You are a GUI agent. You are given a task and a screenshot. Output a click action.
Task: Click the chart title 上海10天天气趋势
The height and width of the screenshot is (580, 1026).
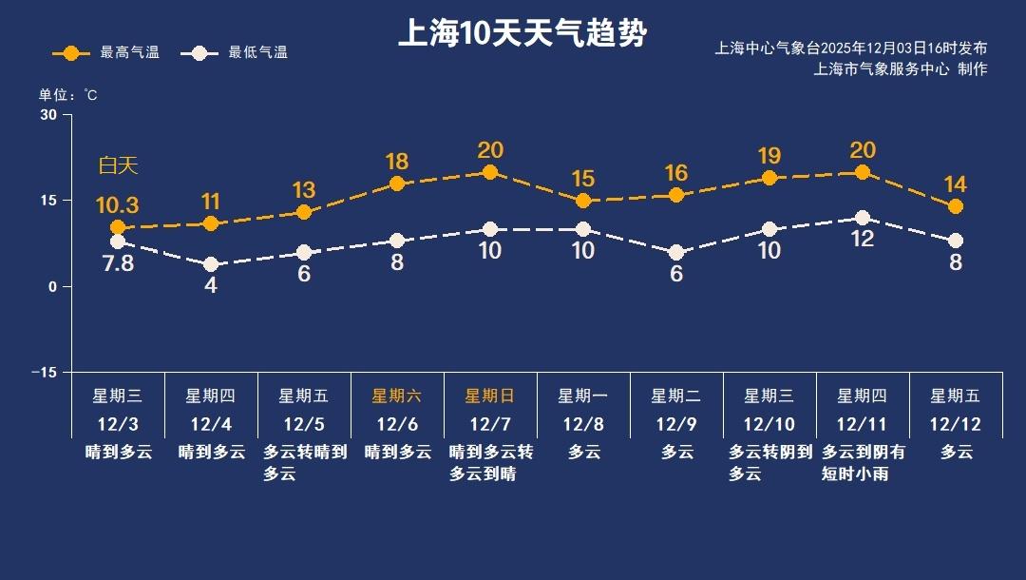[x=522, y=34]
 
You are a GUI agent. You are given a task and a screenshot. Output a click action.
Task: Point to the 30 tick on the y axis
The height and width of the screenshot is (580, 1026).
[x=48, y=115]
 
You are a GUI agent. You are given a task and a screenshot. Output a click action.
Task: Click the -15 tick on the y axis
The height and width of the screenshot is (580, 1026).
[x=44, y=372]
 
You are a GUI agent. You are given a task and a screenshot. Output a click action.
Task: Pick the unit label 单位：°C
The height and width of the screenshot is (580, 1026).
[x=67, y=95]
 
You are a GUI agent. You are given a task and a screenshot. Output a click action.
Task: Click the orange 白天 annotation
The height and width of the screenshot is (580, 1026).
[x=119, y=165]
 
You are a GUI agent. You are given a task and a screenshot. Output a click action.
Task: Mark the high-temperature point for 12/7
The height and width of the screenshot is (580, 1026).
[x=490, y=172]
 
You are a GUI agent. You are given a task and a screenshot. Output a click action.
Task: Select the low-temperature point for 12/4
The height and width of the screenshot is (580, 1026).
[x=211, y=264]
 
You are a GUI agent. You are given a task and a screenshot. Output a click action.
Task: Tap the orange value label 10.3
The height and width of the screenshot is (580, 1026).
[x=118, y=204]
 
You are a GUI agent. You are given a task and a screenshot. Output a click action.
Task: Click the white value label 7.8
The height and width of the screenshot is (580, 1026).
[x=119, y=263]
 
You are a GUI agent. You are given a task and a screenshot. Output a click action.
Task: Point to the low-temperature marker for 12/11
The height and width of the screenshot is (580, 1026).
[x=863, y=218]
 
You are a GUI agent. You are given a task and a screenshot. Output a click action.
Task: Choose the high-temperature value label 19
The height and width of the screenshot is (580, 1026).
[x=769, y=155]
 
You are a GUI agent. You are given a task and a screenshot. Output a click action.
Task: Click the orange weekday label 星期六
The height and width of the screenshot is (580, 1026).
[x=397, y=396]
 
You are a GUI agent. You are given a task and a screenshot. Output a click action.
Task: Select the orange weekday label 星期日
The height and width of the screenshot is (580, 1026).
[x=490, y=396]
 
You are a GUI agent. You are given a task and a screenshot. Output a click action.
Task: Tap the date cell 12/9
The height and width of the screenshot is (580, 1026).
[x=676, y=424]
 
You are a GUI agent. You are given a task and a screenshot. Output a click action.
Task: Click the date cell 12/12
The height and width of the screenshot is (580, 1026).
[x=956, y=424]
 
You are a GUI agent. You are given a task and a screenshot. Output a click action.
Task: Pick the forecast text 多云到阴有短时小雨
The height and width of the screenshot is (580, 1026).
[x=863, y=463]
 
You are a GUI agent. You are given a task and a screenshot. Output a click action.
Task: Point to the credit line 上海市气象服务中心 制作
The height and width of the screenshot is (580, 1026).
[x=901, y=69]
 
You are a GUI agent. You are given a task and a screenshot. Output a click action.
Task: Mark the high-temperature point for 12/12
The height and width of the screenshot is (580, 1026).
[x=956, y=206]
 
